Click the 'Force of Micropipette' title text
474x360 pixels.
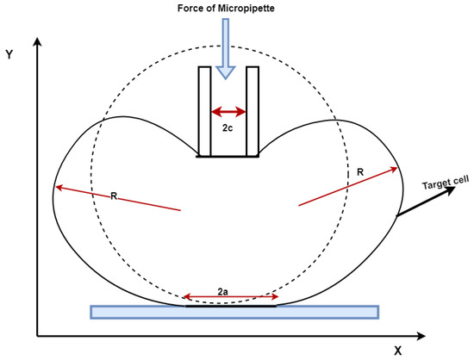(x=226, y=8)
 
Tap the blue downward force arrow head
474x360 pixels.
(x=226, y=72)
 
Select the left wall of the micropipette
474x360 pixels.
(x=204, y=110)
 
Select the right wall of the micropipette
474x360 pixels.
(x=253, y=110)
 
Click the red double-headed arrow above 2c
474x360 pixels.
(x=228, y=112)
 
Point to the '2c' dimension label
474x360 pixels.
(x=228, y=128)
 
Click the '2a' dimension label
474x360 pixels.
(x=223, y=292)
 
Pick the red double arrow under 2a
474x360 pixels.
(x=231, y=297)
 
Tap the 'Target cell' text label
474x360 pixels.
(x=446, y=183)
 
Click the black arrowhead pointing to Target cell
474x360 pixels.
(x=450, y=190)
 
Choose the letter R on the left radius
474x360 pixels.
(x=114, y=196)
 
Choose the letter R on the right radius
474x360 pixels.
(x=360, y=172)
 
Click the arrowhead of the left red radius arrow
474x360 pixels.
(x=59, y=188)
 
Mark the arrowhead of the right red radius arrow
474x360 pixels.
(x=394, y=169)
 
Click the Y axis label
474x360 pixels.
(x=9, y=54)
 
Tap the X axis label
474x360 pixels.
(x=398, y=351)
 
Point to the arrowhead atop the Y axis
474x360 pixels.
(x=37, y=42)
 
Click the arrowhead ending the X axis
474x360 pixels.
(x=421, y=336)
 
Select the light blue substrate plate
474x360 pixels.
(x=234, y=312)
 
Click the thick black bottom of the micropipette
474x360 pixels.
(x=228, y=156)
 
